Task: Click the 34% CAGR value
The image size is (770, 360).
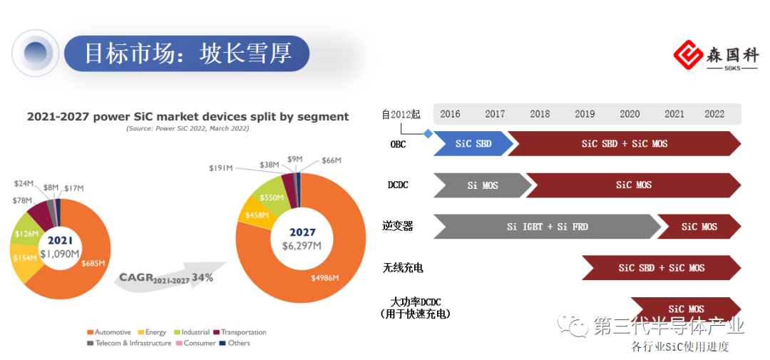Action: click(x=202, y=277)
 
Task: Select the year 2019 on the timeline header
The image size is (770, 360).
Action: click(x=585, y=114)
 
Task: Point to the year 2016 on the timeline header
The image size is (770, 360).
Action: click(x=450, y=114)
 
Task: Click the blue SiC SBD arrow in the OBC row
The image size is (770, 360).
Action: click(x=473, y=143)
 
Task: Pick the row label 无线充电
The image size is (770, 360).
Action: click(x=403, y=267)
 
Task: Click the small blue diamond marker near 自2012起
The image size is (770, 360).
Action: click(x=428, y=133)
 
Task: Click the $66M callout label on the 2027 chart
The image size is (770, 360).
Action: click(x=332, y=160)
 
